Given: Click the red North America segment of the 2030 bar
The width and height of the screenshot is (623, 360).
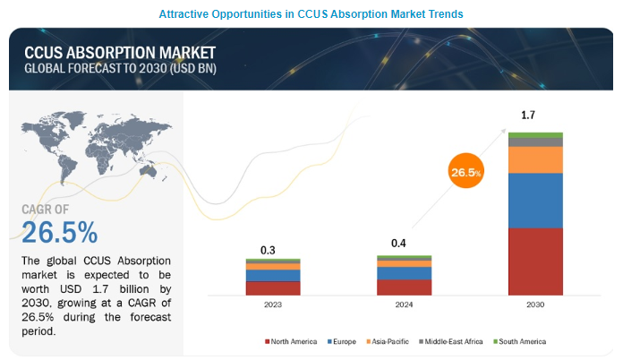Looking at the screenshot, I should pyautogui.click(x=535, y=261).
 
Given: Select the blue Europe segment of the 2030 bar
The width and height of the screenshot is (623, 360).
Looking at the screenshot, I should pyautogui.click(x=535, y=201).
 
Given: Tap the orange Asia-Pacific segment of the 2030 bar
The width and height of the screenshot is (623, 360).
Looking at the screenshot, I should pyautogui.click(x=535, y=159).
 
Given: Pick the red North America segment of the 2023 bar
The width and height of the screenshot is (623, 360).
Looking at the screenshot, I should pyautogui.click(x=273, y=287).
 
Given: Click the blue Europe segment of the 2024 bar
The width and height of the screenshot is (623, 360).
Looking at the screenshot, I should pyautogui.click(x=404, y=273).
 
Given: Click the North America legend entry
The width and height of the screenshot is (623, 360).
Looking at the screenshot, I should pyautogui.click(x=291, y=341).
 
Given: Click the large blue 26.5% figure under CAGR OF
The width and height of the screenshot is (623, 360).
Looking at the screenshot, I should pyautogui.click(x=60, y=232).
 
